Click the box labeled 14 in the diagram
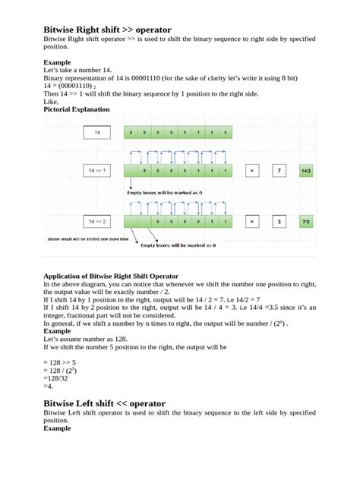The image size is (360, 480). click(97, 132)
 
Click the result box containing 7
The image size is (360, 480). click(279, 171)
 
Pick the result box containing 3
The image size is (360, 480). click(279, 222)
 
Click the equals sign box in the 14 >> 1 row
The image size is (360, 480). click(251, 171)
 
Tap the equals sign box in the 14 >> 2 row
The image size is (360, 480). click(251, 222)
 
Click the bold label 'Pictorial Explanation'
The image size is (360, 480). click(76, 109)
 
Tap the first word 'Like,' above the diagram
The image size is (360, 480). click(51, 102)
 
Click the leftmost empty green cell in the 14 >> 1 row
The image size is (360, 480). click(132, 171)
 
